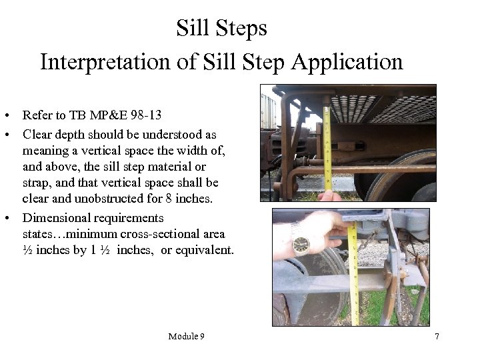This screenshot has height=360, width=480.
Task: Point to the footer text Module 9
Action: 186,336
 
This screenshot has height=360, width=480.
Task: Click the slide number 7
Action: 437,336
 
